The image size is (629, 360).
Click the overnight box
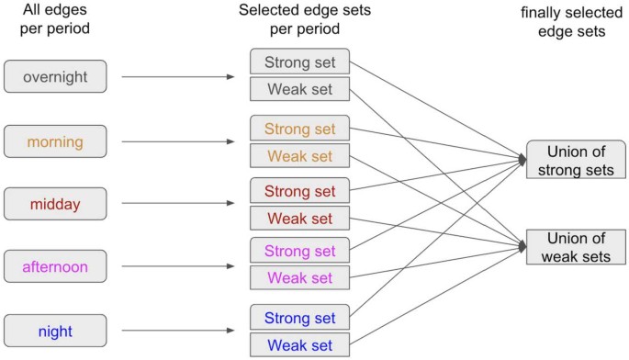click(x=56, y=76)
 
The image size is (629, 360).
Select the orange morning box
click(x=56, y=141)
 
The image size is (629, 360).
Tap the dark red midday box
click(x=56, y=203)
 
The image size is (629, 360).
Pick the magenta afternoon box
click(x=56, y=267)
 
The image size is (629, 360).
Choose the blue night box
click(x=56, y=330)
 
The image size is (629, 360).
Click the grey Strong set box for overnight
click(x=299, y=62)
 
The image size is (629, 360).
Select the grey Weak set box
click(x=299, y=90)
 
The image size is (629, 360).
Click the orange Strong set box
click(x=299, y=129)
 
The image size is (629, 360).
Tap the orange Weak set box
click(x=299, y=156)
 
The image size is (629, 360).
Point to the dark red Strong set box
click(x=299, y=191)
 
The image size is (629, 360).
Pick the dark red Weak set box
click(x=299, y=219)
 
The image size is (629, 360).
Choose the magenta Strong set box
click(x=299, y=251)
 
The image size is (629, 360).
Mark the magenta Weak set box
click(x=299, y=278)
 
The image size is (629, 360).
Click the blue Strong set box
click(x=299, y=318)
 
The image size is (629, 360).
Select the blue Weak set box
click(x=299, y=345)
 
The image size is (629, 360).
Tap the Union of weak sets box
click(x=576, y=246)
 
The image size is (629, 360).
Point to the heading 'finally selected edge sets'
click(x=575, y=27)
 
